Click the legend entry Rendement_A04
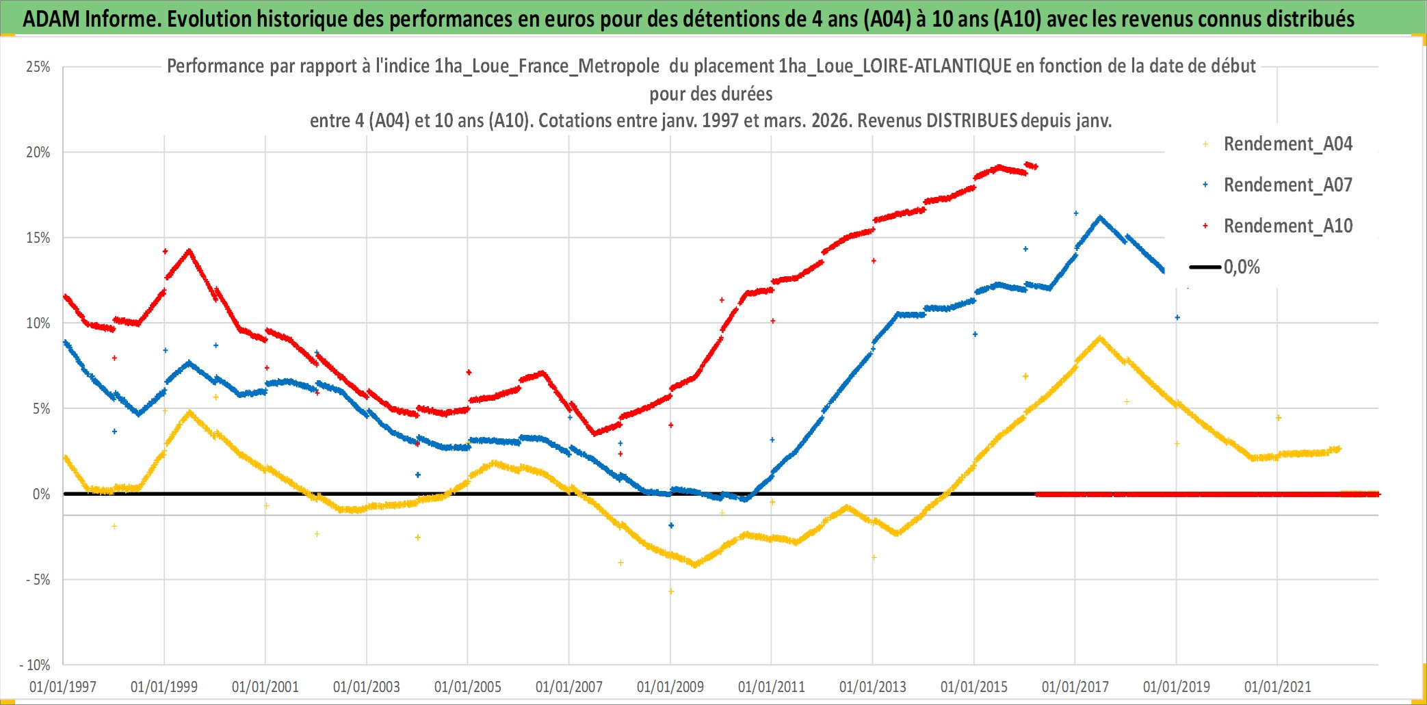[x=1287, y=144]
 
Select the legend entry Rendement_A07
[x=1287, y=185]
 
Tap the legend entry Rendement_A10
[x=1287, y=226]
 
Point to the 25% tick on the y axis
[x=38, y=67]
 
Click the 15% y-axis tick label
[x=38, y=238]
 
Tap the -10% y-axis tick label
[x=36, y=665]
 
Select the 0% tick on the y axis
[x=41, y=494]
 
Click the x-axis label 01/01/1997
[x=63, y=687]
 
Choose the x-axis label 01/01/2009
[x=670, y=687]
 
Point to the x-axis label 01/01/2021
[x=1277, y=687]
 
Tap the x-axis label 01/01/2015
[x=973, y=687]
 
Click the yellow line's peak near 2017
[x=1099, y=337]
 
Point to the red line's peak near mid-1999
[x=189, y=251]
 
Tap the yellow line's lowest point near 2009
[x=695, y=565]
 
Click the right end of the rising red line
[x=1036, y=166]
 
